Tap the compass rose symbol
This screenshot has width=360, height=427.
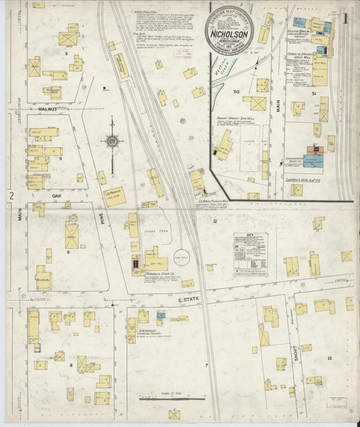(112, 142)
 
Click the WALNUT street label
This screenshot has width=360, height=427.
(48, 107)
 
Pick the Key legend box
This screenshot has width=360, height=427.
(250, 253)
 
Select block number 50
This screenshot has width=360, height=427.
(236, 91)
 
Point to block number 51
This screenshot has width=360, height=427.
(315, 93)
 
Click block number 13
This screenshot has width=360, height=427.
(329, 358)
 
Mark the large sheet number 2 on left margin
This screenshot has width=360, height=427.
(11, 196)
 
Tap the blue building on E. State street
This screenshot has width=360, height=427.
(160, 316)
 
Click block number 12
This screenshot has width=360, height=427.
(215, 221)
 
